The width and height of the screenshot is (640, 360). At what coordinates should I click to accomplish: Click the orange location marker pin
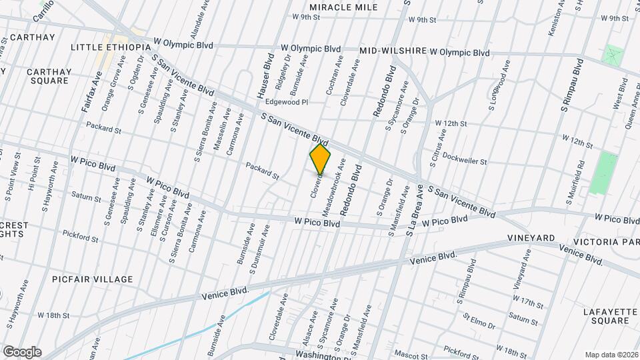[x=320, y=159]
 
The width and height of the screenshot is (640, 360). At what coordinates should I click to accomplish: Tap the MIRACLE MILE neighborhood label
[x=343, y=7]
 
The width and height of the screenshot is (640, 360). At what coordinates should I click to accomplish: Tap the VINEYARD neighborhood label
[x=531, y=238]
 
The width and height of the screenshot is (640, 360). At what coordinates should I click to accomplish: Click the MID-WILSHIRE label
[x=393, y=51]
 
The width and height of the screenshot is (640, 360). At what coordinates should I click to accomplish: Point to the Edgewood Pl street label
[x=286, y=103]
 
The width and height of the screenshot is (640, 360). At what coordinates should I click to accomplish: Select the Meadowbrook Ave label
[x=335, y=187]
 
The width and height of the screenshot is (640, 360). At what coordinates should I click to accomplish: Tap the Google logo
[x=21, y=351]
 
